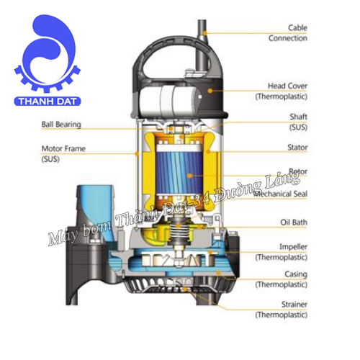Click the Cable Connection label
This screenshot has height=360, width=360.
[x=287, y=32]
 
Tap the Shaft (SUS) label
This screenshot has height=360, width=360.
[x=297, y=121]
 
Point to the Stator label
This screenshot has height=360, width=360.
[x=297, y=148]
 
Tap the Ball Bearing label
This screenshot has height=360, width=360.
[x=61, y=124]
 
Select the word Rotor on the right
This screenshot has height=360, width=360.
[x=298, y=172]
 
